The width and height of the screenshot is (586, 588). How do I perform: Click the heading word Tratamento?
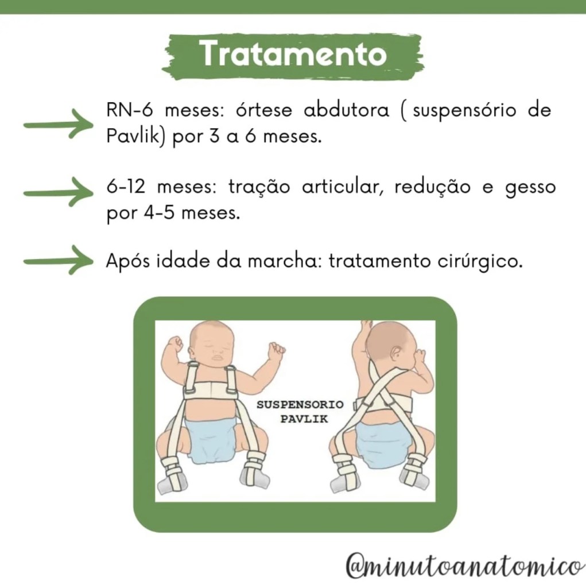click(293, 54)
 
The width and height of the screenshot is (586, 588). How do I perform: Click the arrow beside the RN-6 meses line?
click(58, 124)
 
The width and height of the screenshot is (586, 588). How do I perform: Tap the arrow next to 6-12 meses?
click(58, 192)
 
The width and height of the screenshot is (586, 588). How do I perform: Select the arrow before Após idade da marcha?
click(58, 260)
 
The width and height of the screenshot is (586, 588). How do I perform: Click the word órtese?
click(264, 111)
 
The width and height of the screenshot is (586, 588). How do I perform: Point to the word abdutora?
click(346, 111)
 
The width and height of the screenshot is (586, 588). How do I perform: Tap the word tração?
click(259, 187)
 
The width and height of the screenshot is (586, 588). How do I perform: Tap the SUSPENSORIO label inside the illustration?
click(300, 405)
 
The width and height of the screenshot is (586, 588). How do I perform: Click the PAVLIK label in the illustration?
click(304, 419)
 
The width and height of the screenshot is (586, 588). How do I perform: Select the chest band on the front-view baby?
click(212, 390)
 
